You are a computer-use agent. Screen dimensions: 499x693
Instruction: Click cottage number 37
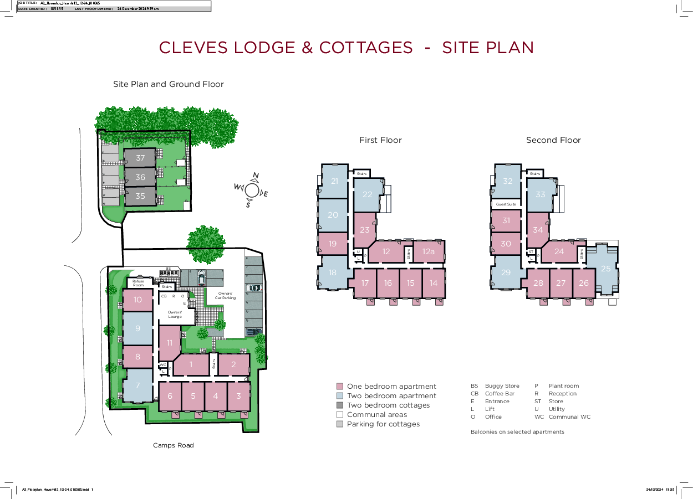point(140,158)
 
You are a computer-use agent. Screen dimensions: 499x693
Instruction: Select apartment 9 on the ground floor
point(137,328)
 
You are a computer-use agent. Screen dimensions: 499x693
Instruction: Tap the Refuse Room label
point(138,283)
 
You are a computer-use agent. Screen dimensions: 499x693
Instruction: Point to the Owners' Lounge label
point(175,315)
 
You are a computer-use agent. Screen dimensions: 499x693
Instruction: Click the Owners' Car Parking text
point(225,295)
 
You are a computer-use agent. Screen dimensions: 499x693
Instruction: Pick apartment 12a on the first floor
point(428,251)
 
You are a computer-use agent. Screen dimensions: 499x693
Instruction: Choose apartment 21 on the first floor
point(334,181)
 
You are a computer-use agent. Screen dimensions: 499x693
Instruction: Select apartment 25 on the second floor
point(605,269)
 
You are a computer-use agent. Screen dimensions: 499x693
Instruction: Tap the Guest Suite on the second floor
point(506,204)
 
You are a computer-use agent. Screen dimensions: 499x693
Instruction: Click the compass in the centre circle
point(252,190)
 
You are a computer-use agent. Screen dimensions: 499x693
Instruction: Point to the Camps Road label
point(174,445)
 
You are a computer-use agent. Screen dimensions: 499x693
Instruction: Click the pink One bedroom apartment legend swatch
point(340,387)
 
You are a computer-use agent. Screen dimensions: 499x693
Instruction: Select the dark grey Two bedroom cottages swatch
point(340,405)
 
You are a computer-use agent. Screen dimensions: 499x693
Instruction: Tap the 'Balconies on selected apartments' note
point(517,432)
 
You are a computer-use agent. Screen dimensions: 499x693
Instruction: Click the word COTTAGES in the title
point(366,48)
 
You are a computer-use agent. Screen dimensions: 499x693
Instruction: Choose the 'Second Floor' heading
point(553,140)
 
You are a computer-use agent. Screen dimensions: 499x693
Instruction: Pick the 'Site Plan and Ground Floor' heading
point(169,84)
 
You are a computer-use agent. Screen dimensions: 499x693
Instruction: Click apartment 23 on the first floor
point(364,230)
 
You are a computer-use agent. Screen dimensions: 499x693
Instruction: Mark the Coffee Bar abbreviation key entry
point(492,394)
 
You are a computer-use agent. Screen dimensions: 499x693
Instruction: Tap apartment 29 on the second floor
point(506,272)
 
